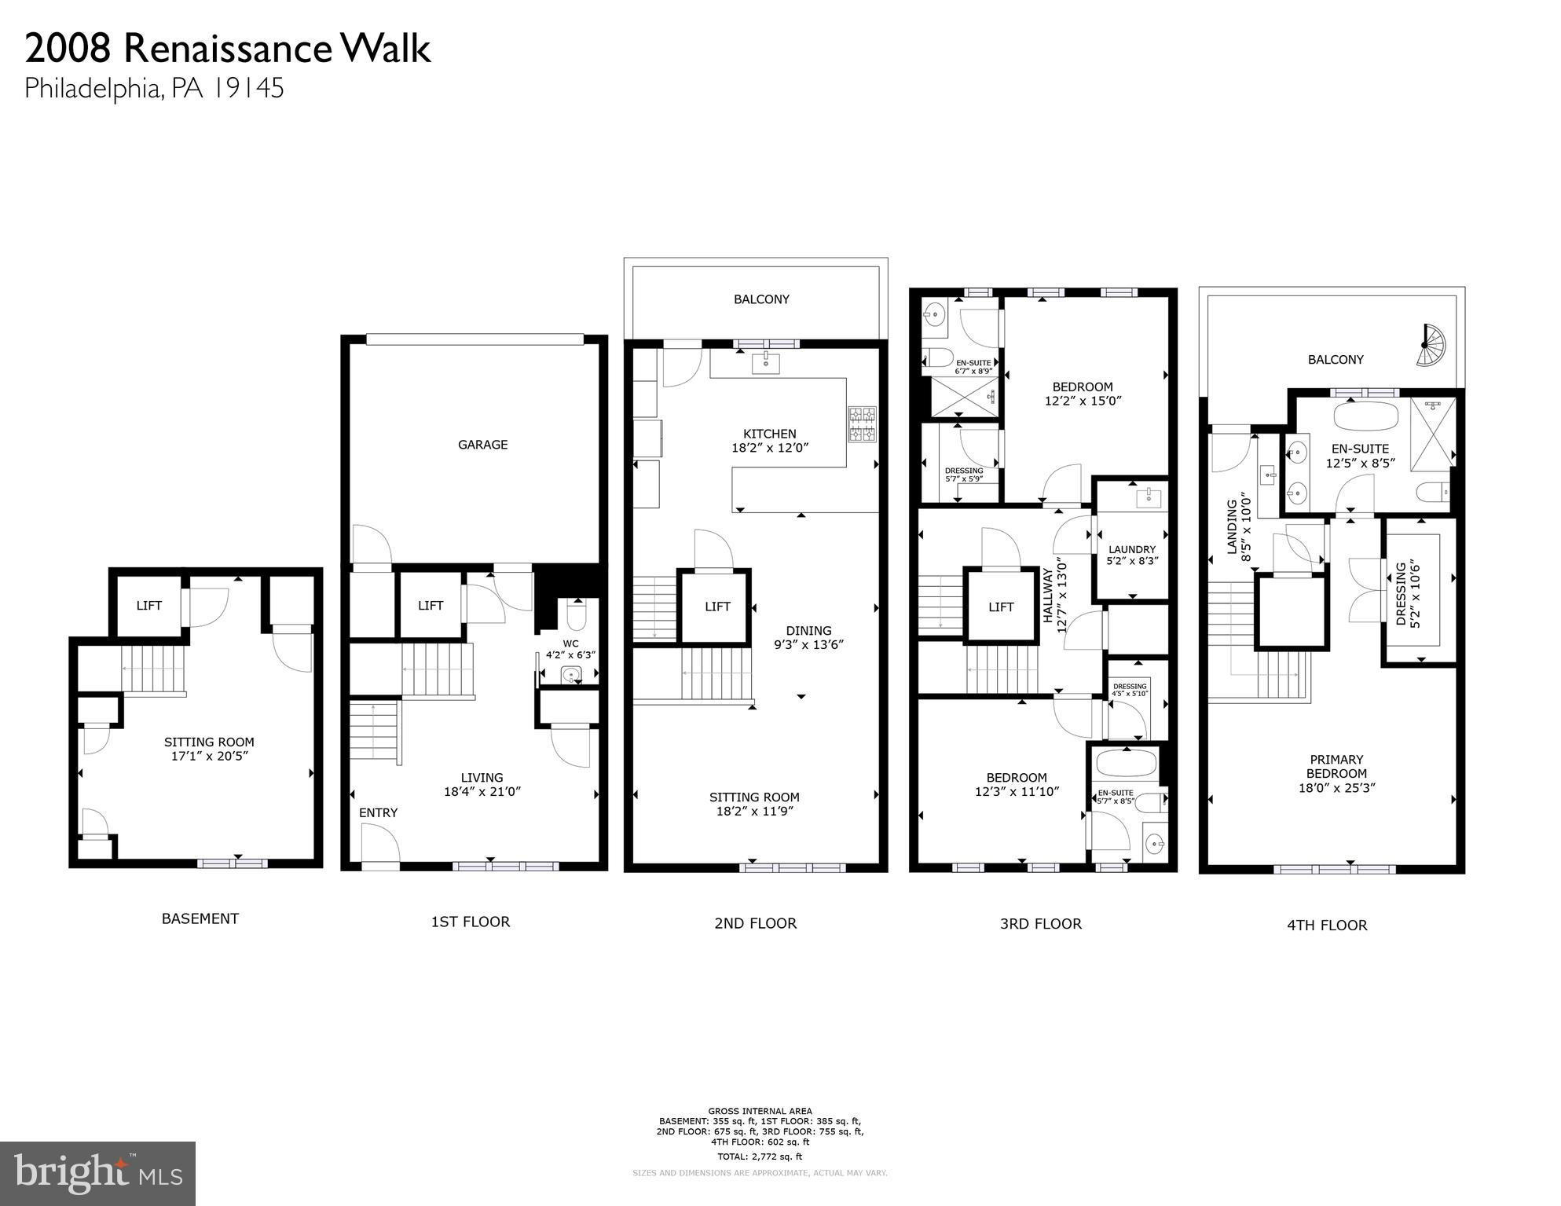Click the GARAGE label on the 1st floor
482,445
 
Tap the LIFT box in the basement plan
148,605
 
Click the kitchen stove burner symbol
862,424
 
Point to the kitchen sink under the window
765,363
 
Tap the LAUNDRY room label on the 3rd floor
1131,549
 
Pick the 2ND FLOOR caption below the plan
755,923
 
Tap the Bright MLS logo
97,1174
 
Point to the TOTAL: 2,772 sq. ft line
759,1157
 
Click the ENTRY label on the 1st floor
378,812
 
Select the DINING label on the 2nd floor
808,630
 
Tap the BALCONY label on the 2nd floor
760,299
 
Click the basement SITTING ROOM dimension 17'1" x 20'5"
210,756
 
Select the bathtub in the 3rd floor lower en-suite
1126,762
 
